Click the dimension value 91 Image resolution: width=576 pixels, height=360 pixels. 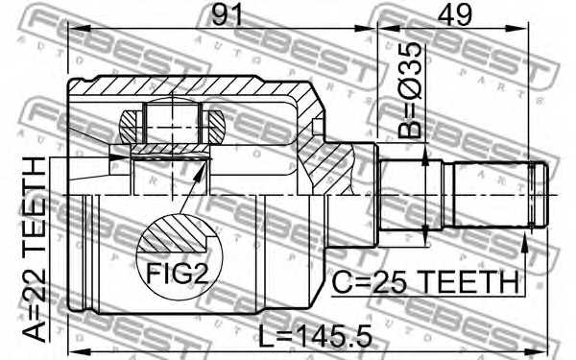[x=228, y=14]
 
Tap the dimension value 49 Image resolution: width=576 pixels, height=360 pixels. [x=454, y=14]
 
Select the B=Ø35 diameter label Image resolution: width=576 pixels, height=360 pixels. [x=410, y=90]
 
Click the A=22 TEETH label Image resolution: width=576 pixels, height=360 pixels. [x=34, y=249]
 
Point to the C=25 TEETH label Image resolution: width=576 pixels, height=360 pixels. [x=425, y=282]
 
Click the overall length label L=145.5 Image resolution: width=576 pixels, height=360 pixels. [x=315, y=336]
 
